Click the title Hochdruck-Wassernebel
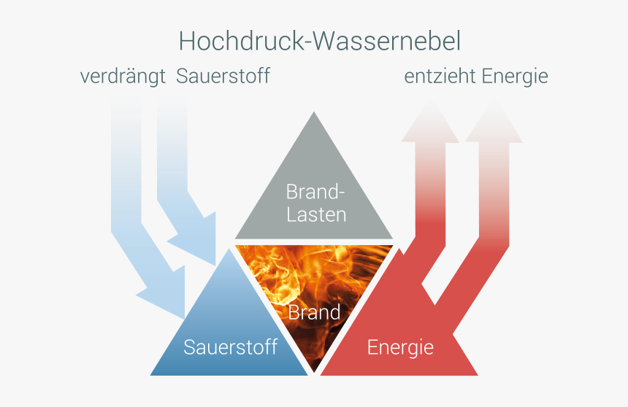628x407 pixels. [x=320, y=42]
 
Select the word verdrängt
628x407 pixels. [x=123, y=77]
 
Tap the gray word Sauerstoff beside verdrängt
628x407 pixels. [x=223, y=76]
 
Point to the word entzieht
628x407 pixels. [x=440, y=76]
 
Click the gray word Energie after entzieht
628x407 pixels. [x=515, y=77]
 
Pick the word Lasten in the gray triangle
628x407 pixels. [x=316, y=214]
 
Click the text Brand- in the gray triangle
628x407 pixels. [x=315, y=192]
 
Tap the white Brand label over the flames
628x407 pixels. [x=314, y=312]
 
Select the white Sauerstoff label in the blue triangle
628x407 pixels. [x=230, y=347]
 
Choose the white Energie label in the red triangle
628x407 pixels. [x=400, y=348]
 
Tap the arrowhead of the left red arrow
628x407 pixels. [x=430, y=122]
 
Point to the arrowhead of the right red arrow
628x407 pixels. [x=494, y=122]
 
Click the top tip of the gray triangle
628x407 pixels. [x=313, y=112]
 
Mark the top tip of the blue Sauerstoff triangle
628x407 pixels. [x=229, y=249]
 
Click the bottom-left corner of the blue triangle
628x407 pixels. [x=150, y=376]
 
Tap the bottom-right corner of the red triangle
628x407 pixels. [x=478, y=376]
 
